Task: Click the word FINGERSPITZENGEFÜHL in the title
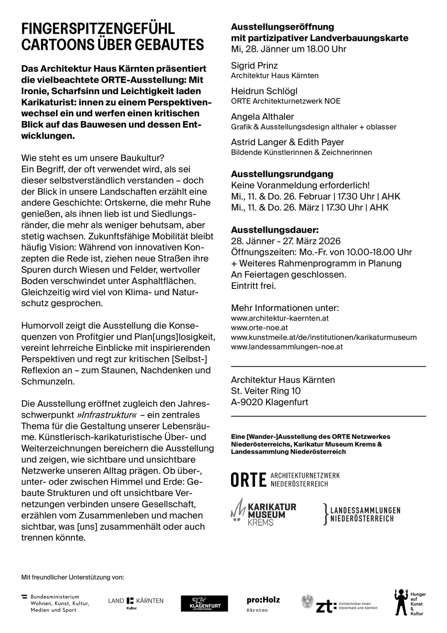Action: (x=98, y=29)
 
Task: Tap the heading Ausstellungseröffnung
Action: (x=283, y=27)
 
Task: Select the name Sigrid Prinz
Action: (x=254, y=65)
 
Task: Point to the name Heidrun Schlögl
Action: (x=264, y=91)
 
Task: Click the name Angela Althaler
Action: (x=262, y=117)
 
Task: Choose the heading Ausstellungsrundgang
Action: (x=282, y=174)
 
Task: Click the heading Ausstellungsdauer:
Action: (x=275, y=230)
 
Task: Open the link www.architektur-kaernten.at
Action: (x=280, y=318)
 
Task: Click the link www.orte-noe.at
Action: (x=259, y=328)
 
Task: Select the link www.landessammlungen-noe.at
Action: (x=287, y=347)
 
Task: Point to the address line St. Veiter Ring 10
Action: (x=266, y=391)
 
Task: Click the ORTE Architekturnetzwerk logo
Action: (x=285, y=479)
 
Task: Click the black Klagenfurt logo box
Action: (x=204, y=604)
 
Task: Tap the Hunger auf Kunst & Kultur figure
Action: (x=400, y=603)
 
